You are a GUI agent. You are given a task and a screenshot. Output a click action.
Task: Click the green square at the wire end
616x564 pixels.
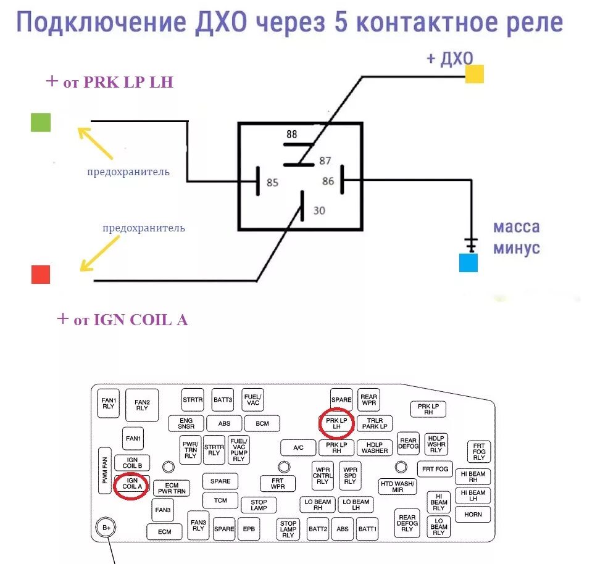[41, 122]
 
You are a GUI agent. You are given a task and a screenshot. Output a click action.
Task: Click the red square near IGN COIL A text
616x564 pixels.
[41, 274]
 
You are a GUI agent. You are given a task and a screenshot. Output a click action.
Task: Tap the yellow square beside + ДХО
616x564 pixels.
[474, 74]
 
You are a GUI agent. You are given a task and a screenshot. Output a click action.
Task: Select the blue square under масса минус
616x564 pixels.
[468, 263]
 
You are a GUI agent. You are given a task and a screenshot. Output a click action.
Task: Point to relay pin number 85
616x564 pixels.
[272, 183]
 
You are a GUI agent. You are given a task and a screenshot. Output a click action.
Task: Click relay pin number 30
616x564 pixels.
[319, 210]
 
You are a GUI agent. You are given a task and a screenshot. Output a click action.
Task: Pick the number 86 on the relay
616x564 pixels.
[328, 181]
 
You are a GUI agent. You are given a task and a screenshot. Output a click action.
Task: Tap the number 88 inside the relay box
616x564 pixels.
[292, 134]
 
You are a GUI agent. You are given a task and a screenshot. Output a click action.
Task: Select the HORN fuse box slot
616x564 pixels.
[473, 514]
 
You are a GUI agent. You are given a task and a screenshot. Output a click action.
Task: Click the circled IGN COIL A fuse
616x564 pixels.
[132, 483]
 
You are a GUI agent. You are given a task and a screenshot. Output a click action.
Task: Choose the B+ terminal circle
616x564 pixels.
[106, 528]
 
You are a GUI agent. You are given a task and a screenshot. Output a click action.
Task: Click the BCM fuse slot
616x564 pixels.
[262, 423]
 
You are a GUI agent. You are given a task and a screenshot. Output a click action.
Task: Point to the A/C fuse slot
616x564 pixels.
[298, 447]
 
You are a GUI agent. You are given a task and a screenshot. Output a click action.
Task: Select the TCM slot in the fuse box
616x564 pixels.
[220, 500]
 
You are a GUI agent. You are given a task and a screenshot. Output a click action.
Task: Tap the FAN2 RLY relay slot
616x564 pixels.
[142, 405]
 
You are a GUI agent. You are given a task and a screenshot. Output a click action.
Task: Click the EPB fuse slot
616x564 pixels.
[249, 529]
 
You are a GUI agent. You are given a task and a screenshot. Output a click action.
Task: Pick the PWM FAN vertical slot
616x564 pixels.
[104, 471]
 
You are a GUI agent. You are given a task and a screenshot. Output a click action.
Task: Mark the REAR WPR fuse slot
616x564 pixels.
[368, 400]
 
